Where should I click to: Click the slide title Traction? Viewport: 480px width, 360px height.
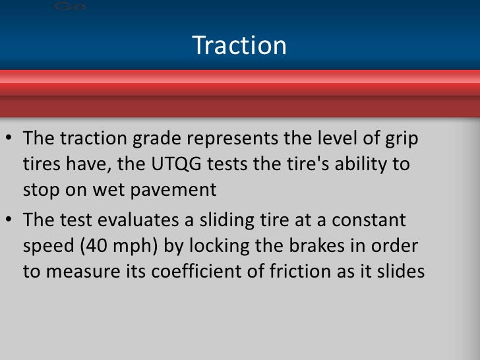pos(239,45)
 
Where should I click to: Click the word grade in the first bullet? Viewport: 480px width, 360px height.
pos(153,141)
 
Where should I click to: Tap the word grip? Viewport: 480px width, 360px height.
pos(403,141)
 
